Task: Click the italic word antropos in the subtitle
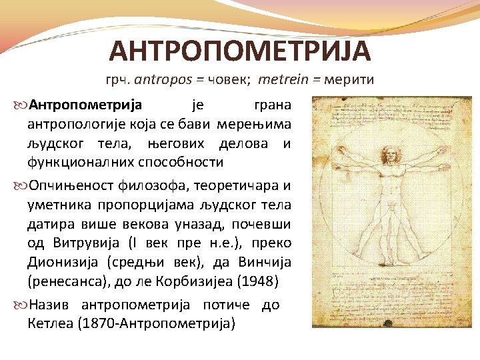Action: coord(160,80)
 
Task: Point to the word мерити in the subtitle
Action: coord(349,80)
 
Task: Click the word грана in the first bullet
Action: coord(273,105)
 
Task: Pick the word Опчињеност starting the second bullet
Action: coord(65,185)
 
